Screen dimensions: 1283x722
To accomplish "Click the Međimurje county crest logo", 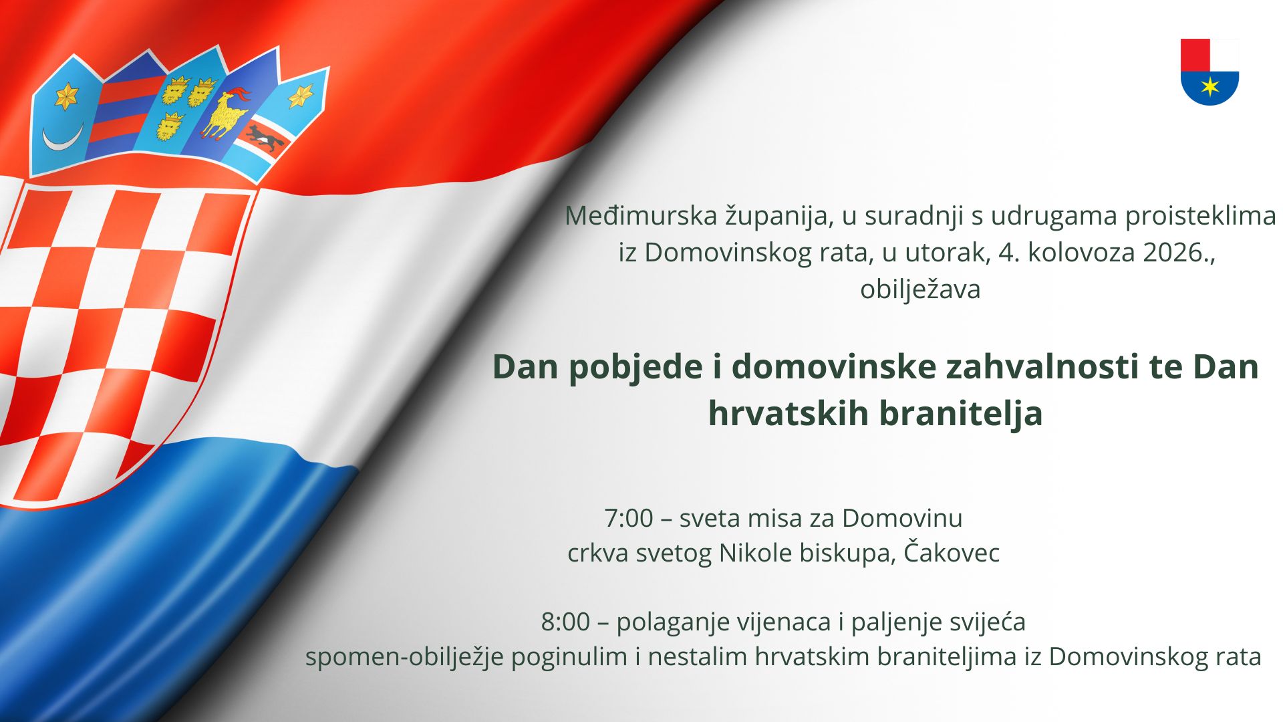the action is [1209, 72].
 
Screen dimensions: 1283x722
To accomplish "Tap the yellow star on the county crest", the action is [1210, 86].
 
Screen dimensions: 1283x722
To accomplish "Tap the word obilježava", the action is [920, 289].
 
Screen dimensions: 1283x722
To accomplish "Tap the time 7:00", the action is [628, 518].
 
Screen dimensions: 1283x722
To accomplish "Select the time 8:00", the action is [565, 622].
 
